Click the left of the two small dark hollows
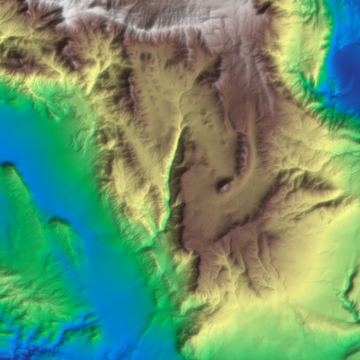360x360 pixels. click(x=143, y=56)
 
